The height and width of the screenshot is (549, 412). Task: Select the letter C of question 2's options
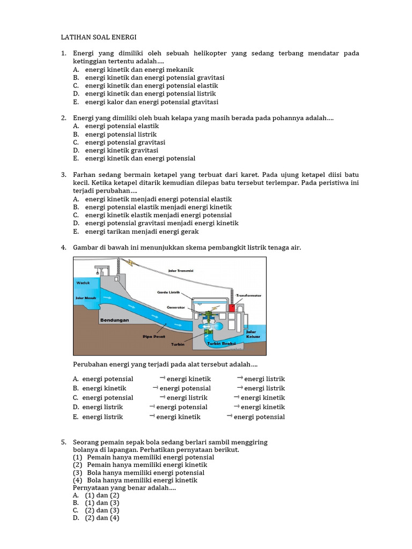[x=76, y=142]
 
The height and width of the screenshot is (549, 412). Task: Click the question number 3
[x=63, y=175]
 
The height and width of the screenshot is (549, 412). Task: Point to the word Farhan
[x=84, y=175]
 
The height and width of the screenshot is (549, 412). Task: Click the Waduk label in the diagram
[x=83, y=282]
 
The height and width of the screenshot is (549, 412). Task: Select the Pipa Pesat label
[x=153, y=337]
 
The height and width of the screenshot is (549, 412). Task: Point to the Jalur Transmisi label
[x=180, y=271]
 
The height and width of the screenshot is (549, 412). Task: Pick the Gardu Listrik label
[x=168, y=292]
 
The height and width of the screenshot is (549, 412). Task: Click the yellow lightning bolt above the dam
[x=131, y=262]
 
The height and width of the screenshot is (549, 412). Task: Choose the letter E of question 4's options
[x=76, y=417]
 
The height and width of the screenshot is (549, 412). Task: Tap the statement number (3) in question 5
[x=78, y=473]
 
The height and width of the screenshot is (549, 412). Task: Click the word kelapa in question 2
[x=193, y=118]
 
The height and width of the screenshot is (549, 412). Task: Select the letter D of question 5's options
[x=76, y=518]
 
